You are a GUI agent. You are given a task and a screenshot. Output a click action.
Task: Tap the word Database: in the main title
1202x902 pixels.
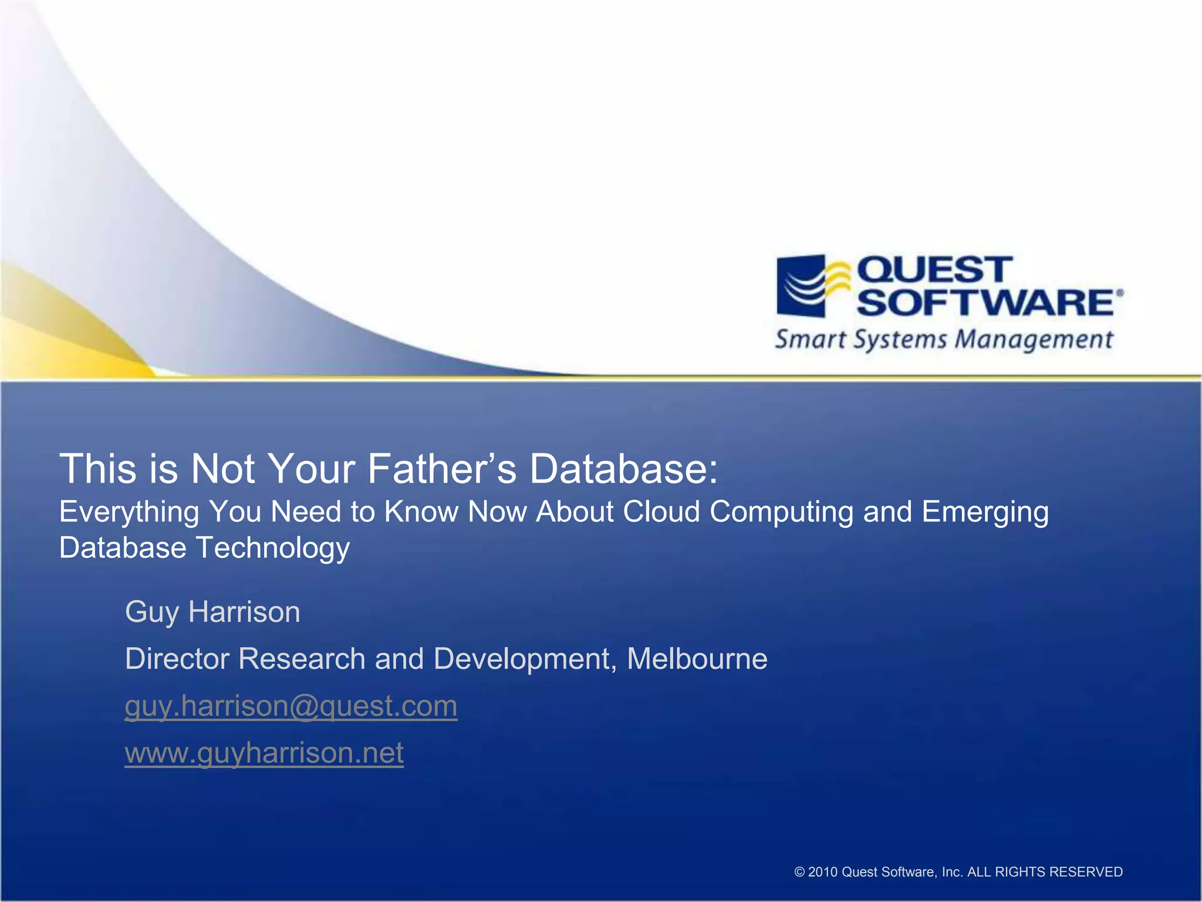(x=624, y=469)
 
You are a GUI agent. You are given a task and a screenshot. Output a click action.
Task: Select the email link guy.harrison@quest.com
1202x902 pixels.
(x=291, y=706)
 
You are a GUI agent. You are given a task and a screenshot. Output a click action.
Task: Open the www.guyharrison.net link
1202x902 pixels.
(x=264, y=753)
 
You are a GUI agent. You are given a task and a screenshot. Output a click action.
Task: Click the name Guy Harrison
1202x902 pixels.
(x=212, y=612)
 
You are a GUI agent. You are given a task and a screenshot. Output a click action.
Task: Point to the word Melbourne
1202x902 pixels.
(x=697, y=659)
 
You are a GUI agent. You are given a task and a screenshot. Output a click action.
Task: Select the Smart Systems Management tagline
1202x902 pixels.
(x=944, y=340)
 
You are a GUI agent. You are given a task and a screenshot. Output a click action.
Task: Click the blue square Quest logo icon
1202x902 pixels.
(x=802, y=286)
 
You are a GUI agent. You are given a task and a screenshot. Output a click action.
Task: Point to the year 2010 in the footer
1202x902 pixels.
(x=823, y=872)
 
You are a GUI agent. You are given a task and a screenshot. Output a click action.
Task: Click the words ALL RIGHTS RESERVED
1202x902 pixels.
(x=1045, y=872)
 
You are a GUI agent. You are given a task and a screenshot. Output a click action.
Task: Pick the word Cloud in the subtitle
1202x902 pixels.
(x=661, y=511)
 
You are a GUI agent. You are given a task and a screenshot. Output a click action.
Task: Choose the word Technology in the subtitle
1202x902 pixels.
(x=273, y=548)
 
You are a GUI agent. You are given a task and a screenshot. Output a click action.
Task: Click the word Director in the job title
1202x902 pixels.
(x=177, y=659)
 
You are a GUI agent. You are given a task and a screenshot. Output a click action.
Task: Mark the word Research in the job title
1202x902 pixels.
(x=302, y=659)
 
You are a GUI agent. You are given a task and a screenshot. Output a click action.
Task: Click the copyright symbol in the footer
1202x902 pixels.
(x=799, y=872)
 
